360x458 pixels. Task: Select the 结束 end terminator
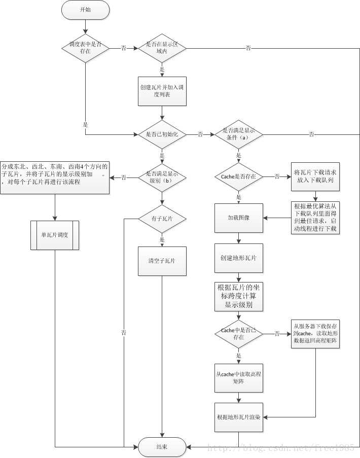tap(162, 446)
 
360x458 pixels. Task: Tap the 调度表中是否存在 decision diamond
tap(85, 48)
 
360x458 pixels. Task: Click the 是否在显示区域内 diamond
tap(162, 48)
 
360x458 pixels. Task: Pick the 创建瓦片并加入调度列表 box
tap(162, 91)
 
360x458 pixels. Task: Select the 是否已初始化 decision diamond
tap(162, 134)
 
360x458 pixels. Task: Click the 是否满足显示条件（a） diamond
tap(238, 134)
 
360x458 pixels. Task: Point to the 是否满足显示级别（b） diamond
tap(162, 177)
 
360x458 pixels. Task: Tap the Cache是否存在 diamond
tap(238, 177)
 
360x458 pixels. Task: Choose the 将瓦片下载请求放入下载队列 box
tap(315, 177)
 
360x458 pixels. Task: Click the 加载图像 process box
tap(238, 218)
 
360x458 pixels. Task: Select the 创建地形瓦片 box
tap(238, 258)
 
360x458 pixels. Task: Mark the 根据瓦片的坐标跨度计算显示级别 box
tap(238, 297)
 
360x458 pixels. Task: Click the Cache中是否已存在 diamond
tap(238, 333)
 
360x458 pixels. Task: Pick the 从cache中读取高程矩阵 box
tap(238, 377)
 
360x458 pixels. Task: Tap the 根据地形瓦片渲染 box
tap(238, 417)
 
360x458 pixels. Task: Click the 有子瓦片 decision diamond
tap(162, 219)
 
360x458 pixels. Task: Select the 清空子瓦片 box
tap(162, 261)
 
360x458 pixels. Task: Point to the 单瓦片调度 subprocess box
tap(55, 235)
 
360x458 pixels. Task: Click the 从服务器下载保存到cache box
tap(315, 333)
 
